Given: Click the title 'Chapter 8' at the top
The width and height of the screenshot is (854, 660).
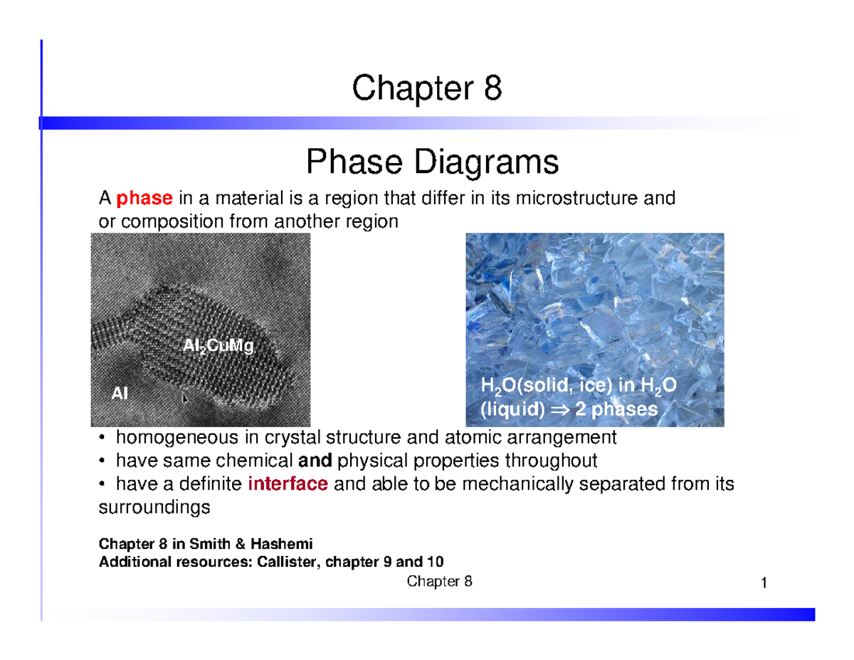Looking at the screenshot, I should pyautogui.click(x=426, y=90).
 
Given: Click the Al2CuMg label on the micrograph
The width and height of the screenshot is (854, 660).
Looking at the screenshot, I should pyautogui.click(x=218, y=347).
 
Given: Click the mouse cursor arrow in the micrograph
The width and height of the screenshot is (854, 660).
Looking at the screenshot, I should pyautogui.click(x=185, y=399).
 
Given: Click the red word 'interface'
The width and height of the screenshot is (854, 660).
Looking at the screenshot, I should pyautogui.click(x=288, y=485).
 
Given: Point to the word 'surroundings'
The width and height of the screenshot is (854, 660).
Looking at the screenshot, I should pyautogui.click(x=153, y=508).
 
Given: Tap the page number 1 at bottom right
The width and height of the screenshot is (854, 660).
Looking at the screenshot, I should pyautogui.click(x=763, y=584).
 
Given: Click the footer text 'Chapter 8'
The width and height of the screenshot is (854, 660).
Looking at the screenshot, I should pyautogui.click(x=439, y=582).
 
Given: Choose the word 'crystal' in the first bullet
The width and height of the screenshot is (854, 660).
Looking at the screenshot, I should pyautogui.click(x=290, y=436).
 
